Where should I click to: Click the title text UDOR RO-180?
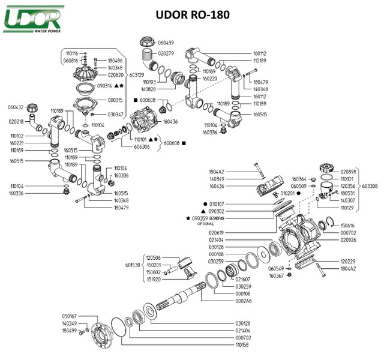click(191, 14)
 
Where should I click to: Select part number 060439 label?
click(166, 43)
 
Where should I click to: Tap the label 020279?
click(166, 53)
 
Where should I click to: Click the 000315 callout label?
click(115, 100)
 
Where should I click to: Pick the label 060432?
click(16, 107)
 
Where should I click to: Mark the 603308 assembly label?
click(370, 186)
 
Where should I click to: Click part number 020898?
click(348, 171)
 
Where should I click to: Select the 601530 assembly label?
click(133, 264)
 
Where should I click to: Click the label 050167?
click(71, 316)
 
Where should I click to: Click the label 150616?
click(348, 225)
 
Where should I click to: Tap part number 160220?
click(209, 79)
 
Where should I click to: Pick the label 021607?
click(244, 279)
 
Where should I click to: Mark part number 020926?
click(348, 239)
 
